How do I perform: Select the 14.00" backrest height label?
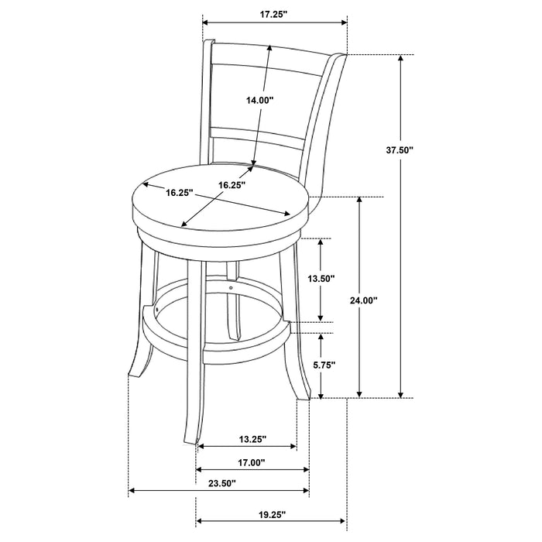tap(259, 100)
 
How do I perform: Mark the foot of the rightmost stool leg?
tap(304, 396)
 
